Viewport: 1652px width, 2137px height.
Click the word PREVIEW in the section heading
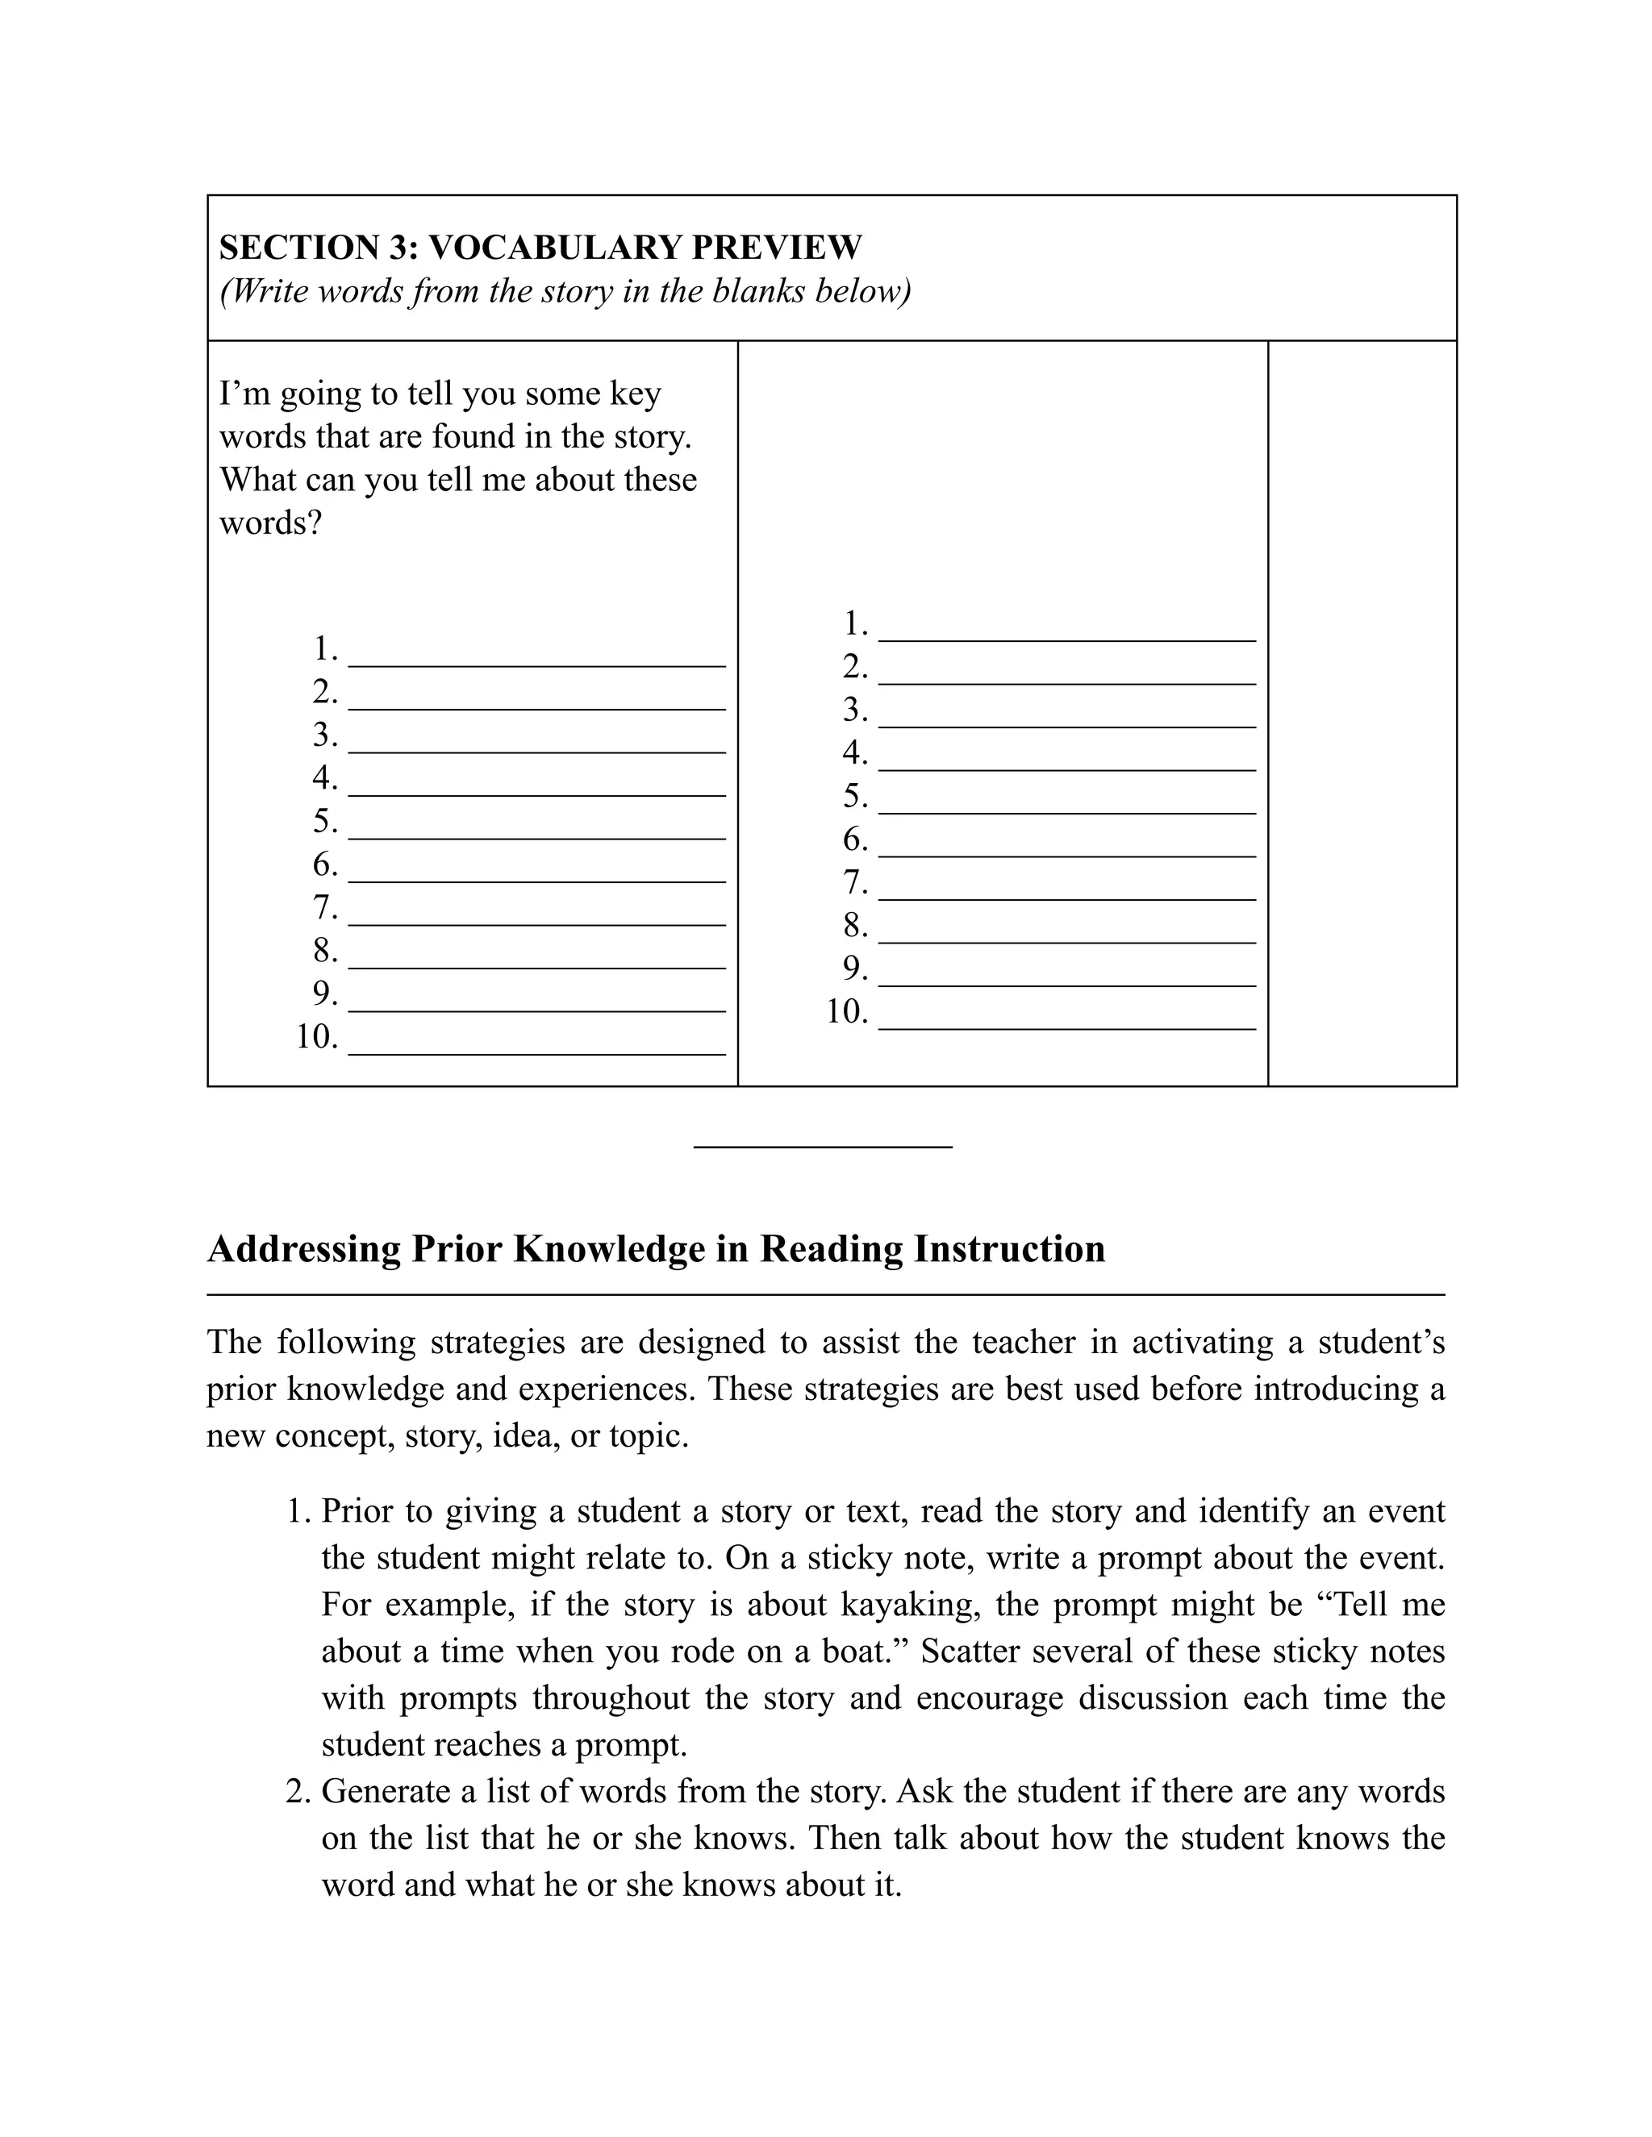coord(777,248)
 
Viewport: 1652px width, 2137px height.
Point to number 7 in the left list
coord(324,908)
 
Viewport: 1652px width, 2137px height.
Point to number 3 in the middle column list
coord(854,710)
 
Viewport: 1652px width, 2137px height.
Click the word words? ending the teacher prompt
coord(270,523)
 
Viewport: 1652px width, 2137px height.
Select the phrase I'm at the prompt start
coord(244,394)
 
